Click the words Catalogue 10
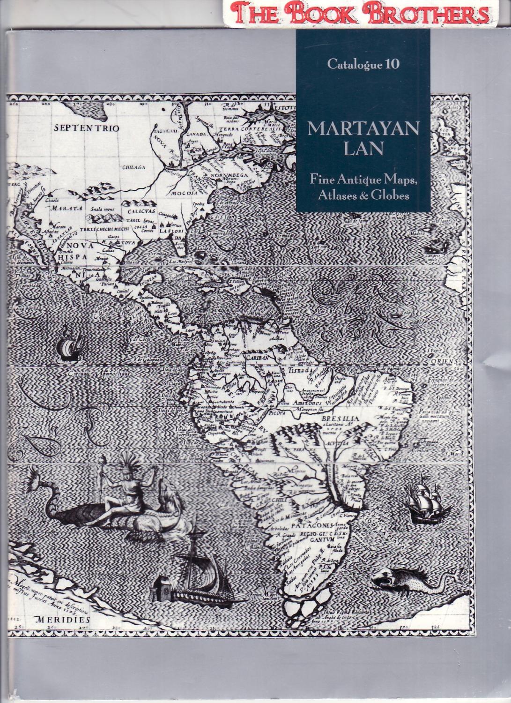(363, 65)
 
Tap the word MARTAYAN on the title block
(363, 129)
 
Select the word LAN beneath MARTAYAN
(363, 149)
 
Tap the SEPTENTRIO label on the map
(86, 128)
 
